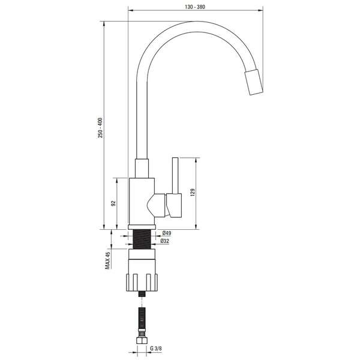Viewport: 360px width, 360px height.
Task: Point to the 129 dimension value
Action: click(193, 193)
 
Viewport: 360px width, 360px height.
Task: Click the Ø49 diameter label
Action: click(167, 233)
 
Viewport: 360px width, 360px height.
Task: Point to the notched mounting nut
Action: click(143, 280)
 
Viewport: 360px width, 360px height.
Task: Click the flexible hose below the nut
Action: click(143, 318)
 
